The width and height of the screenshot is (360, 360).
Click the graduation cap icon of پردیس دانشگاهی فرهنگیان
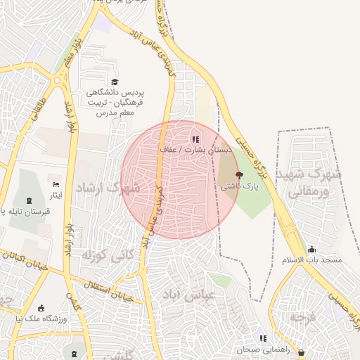[x=115, y=82]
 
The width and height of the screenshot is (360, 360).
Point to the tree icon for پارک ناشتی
[x=239, y=175]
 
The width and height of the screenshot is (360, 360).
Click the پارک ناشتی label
[x=240, y=188]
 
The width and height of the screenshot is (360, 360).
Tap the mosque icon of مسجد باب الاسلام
[x=312, y=249]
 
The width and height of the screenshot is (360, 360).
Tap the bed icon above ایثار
[x=56, y=184]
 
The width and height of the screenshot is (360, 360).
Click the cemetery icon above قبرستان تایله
[x=29, y=201]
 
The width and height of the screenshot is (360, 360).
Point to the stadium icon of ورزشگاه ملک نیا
[x=41, y=308]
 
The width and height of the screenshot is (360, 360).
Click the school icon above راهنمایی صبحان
[x=262, y=338]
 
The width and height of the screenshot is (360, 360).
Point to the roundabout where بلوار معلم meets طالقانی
[x=56, y=80]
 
